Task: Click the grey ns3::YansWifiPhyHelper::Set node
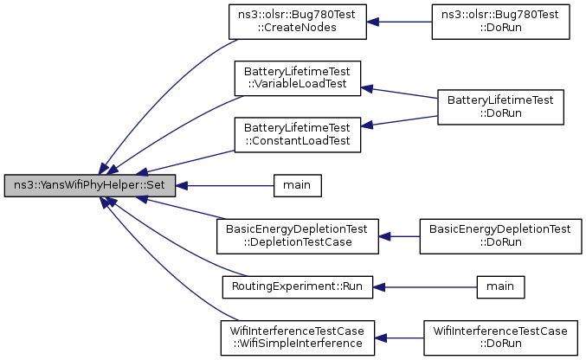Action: pyautogui.click(x=90, y=185)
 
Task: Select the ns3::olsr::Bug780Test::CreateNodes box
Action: pyautogui.click(x=298, y=22)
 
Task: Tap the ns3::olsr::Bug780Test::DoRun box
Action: pyautogui.click(x=501, y=22)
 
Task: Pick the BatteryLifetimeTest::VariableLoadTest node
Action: pyautogui.click(x=298, y=78)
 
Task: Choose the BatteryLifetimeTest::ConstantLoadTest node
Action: pyautogui.click(x=298, y=135)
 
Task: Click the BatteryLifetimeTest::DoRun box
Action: pyautogui.click(x=501, y=107)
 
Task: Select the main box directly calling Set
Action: pyautogui.click(x=298, y=185)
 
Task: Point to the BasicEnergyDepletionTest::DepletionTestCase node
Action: pyautogui.click(x=298, y=236)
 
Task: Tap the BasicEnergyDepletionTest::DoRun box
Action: pyautogui.click(x=501, y=236)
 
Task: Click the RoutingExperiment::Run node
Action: pyautogui.click(x=298, y=287)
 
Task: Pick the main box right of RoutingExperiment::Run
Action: pyautogui.click(x=501, y=287)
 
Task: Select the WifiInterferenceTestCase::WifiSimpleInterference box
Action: pyautogui.click(x=298, y=338)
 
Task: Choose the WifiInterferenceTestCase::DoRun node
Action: pyautogui.click(x=501, y=338)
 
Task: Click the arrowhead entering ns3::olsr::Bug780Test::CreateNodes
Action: pyautogui.click(x=372, y=22)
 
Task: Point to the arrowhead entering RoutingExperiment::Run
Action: pyautogui.click(x=379, y=287)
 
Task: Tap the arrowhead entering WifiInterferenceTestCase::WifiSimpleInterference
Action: pyautogui.click(x=381, y=338)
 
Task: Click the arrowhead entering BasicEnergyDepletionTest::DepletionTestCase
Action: pyautogui.click(x=384, y=236)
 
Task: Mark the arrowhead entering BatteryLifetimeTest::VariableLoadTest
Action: pyautogui.click(x=367, y=89)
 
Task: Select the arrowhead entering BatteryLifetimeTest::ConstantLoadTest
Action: pyautogui.click(x=367, y=125)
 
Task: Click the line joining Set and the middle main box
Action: pyautogui.click(x=224, y=186)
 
